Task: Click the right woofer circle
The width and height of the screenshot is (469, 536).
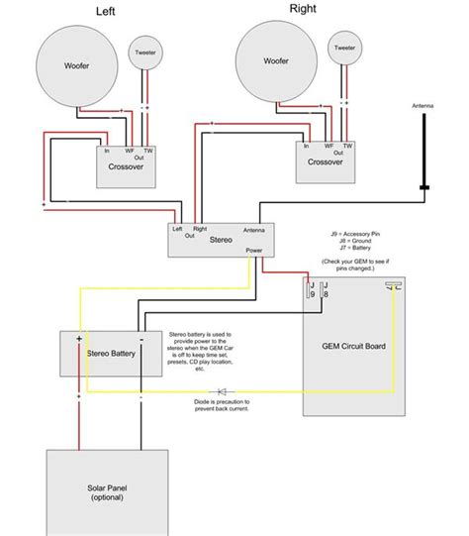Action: click(276, 60)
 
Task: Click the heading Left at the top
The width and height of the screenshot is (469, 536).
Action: click(103, 12)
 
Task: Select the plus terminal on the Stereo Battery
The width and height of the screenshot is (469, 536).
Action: click(77, 339)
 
